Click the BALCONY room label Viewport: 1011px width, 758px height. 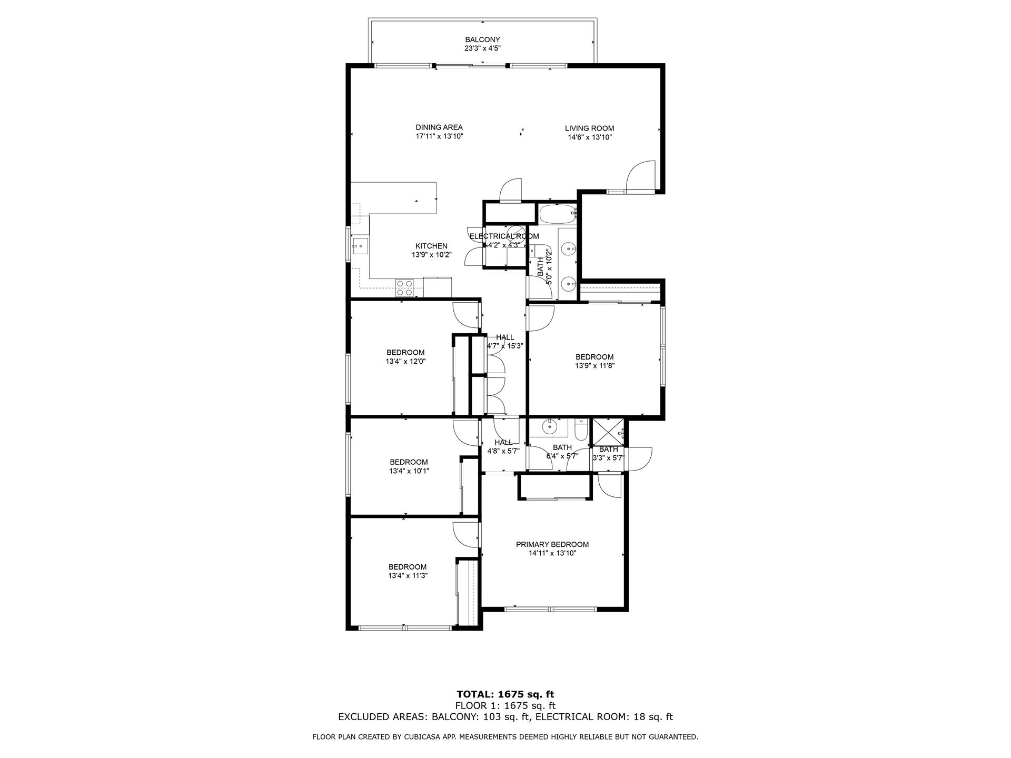click(482, 39)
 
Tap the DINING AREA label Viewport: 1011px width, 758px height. click(439, 127)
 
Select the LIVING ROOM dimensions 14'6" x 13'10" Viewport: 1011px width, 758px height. click(589, 137)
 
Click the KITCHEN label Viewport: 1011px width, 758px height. click(431, 246)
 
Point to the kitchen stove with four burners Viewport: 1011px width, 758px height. click(404, 287)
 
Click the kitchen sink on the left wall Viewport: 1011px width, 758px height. click(360, 245)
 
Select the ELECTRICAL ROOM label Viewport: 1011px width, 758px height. click(504, 236)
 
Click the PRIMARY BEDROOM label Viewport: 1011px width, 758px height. click(552, 544)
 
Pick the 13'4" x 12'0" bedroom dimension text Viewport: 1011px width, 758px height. click(405, 362)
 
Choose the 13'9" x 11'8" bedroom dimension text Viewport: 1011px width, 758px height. click(594, 366)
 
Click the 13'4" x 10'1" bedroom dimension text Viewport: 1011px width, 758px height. click(409, 471)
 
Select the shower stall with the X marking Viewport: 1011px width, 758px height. click(608, 433)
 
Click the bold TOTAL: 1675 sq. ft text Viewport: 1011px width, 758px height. click(505, 694)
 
